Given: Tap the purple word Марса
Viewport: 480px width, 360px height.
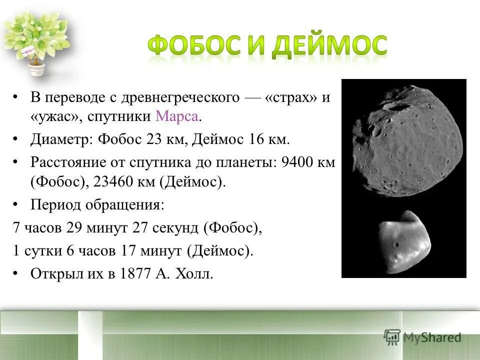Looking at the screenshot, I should pos(178,117).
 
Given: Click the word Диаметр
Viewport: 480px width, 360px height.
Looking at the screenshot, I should pos(59,139).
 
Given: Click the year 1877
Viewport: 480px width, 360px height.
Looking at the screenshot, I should pos(136,274).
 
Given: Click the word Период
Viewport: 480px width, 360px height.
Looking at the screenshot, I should pos(55,205).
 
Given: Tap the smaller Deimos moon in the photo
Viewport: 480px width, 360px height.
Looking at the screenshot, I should pos(404,242).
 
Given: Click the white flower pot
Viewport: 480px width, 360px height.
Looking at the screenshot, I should pos(36,68).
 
